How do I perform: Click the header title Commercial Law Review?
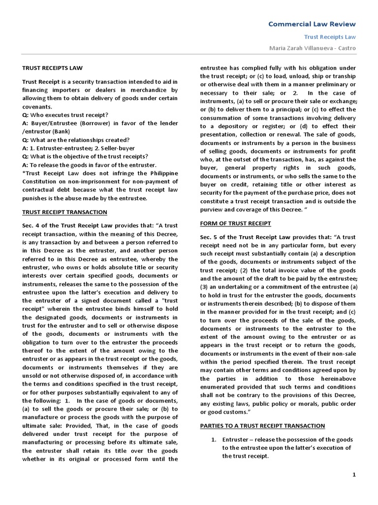(x=311, y=24)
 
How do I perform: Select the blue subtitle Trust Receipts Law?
(x=330, y=36)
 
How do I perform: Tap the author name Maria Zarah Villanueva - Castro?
(x=311, y=48)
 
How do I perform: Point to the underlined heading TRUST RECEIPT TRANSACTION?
(x=64, y=212)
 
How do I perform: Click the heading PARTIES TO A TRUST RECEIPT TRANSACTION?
(x=262, y=426)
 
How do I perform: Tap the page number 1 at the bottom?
(x=353, y=474)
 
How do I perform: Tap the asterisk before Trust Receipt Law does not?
(x=24, y=173)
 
